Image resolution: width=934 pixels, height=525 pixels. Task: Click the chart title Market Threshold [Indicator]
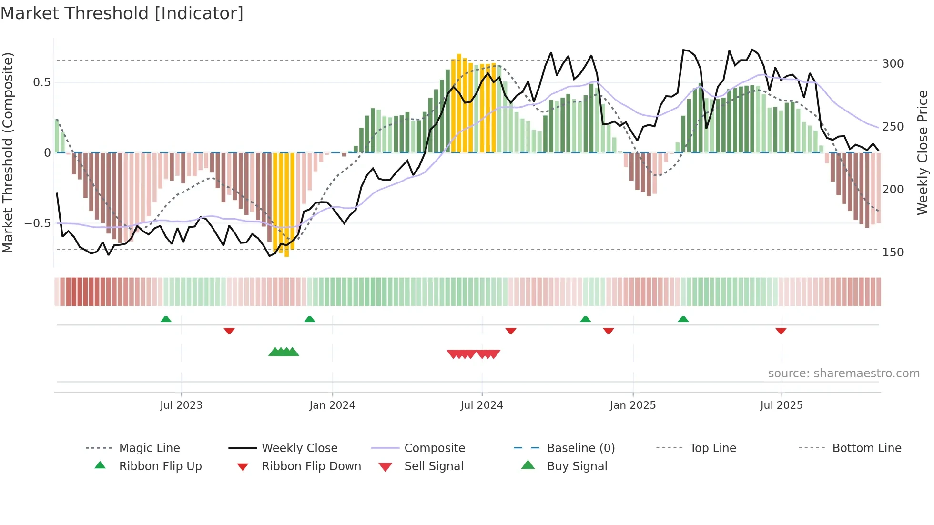(122, 13)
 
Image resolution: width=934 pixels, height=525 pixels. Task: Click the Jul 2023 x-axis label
(181, 405)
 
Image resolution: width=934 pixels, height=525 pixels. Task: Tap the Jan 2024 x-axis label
(332, 405)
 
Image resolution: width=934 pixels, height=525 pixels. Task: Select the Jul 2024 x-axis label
(482, 405)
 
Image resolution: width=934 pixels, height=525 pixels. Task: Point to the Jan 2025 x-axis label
(633, 405)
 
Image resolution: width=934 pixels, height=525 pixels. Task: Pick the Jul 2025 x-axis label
(782, 405)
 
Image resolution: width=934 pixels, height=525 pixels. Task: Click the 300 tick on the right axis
(893, 64)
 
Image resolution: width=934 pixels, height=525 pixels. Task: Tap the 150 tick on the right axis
(893, 252)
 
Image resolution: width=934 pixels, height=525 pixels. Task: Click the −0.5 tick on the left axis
(37, 223)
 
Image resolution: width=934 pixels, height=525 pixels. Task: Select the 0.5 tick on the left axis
(41, 82)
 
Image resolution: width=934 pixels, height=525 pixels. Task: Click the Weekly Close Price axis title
(923, 152)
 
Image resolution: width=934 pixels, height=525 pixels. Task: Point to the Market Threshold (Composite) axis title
(8, 152)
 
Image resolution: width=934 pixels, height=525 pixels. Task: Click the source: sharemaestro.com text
(843, 374)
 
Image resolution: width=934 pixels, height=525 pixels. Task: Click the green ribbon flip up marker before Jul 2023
(166, 319)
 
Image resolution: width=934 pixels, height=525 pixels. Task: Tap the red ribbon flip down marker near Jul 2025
(781, 331)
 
